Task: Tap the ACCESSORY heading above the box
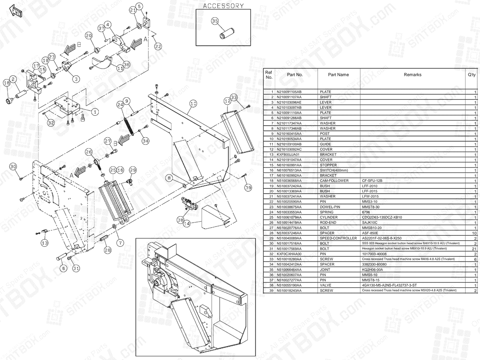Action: [x=223, y=6]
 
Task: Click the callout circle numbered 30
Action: [x=13, y=166]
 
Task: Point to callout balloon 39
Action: [x=248, y=188]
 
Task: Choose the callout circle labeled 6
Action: [x=63, y=269]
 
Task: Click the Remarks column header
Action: [x=412, y=75]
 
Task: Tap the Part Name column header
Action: [x=338, y=75]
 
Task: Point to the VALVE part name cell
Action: [x=326, y=285]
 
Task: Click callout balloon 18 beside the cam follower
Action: [x=6, y=82]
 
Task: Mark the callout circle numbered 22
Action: [x=158, y=46]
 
